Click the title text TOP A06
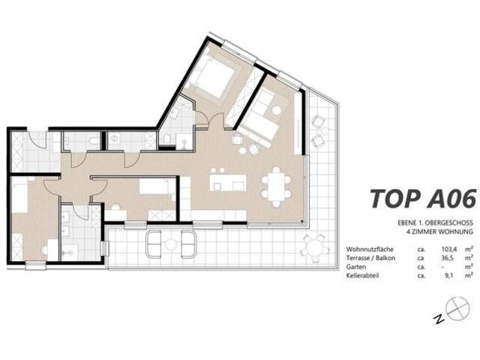(x=423, y=199)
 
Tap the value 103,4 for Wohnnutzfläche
(x=448, y=250)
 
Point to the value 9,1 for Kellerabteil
(x=448, y=275)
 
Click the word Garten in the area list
(x=355, y=267)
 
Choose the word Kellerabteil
(x=362, y=275)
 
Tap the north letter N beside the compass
(x=439, y=319)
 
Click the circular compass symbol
(x=457, y=308)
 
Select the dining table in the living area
(x=276, y=187)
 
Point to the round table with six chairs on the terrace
(x=316, y=247)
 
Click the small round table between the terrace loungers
(x=170, y=244)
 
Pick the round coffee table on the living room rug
(x=277, y=110)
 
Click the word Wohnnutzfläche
(x=370, y=250)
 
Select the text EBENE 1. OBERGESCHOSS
(x=435, y=223)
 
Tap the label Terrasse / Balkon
(x=370, y=258)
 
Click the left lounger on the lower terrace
(x=153, y=244)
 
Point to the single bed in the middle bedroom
(x=154, y=187)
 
